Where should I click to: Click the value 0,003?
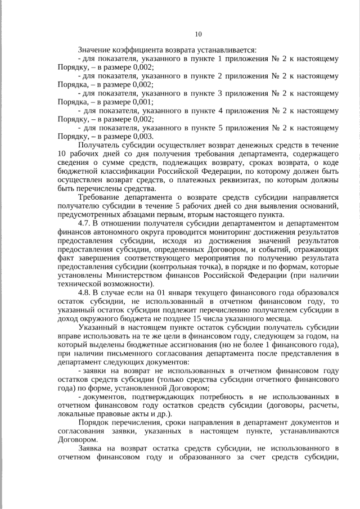point(142,136)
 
